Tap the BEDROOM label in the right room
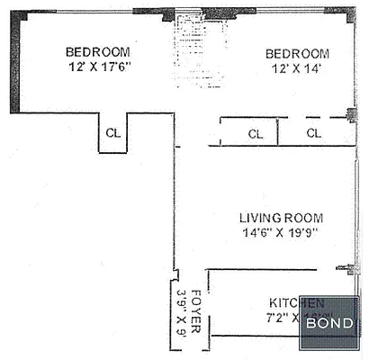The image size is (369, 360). (x=296, y=53)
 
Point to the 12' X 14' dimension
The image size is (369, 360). (x=296, y=69)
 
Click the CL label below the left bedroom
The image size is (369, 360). (x=113, y=132)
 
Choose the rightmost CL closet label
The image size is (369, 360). (x=314, y=133)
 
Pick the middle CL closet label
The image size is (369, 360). (x=256, y=133)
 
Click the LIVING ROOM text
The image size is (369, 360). (x=281, y=218)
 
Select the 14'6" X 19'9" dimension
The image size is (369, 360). (x=281, y=234)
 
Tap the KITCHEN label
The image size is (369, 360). (x=296, y=302)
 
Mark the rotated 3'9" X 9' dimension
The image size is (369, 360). (x=180, y=311)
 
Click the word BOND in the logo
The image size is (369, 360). (x=329, y=323)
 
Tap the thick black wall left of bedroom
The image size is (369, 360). (x=15, y=63)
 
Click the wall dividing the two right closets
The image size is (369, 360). (x=277, y=131)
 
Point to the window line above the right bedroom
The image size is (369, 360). (x=288, y=10)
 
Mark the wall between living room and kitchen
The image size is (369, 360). (x=270, y=269)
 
